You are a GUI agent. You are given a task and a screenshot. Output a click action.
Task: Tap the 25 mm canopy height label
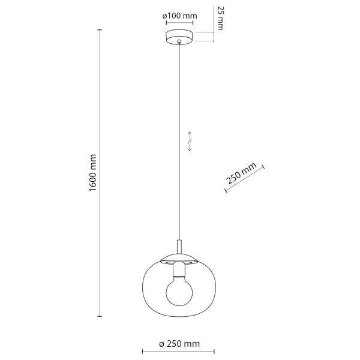point(220,18)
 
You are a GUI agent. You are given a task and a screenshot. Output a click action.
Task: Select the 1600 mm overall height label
point(92,174)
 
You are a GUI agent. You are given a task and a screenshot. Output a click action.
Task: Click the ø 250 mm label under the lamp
point(179,344)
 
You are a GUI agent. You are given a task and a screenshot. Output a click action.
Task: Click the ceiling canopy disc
point(180,35)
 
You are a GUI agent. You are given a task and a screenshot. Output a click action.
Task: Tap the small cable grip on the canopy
point(180,41)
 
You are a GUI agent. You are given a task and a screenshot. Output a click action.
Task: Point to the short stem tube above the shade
point(179,247)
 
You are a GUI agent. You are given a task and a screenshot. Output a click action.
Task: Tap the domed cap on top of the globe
point(179,259)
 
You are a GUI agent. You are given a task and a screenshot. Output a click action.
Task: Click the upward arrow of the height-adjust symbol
point(190,136)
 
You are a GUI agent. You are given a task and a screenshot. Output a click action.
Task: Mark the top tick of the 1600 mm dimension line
point(100,31)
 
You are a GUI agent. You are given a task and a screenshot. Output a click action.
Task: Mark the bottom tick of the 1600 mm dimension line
point(100,317)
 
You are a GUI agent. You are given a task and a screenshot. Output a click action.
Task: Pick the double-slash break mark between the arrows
point(190,142)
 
